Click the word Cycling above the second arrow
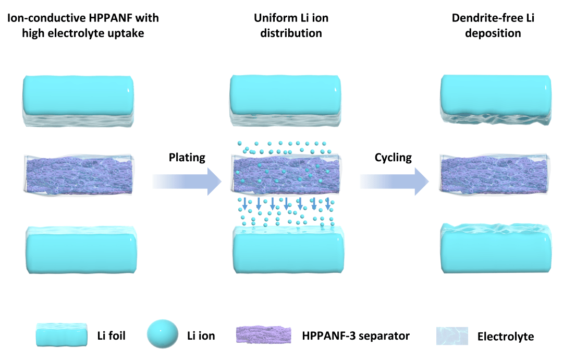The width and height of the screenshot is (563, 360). pos(393,157)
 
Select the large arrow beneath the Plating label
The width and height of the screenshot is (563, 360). pos(188,181)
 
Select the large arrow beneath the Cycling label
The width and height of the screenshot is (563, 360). pos(395,181)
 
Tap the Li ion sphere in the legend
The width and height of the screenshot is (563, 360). pos(163,335)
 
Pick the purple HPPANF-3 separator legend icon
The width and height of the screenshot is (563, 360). pos(264,335)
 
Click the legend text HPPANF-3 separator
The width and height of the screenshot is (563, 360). pos(356,335)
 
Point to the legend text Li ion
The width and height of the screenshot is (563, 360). pos(201,335)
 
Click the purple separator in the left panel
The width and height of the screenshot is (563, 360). pos(78,173)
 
